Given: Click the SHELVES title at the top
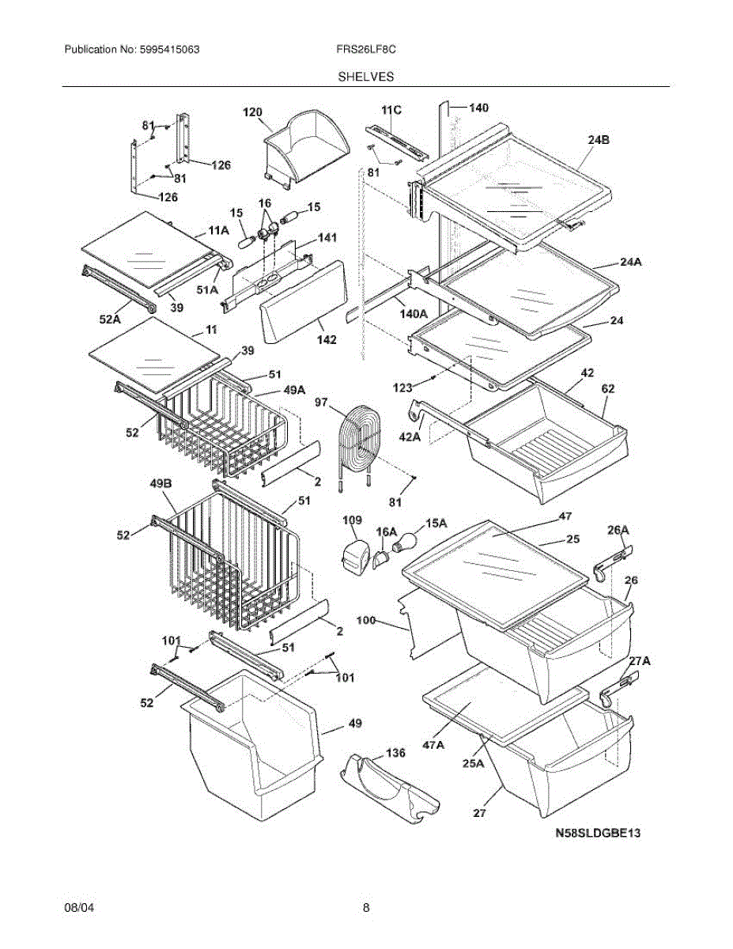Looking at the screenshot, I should coord(366,77).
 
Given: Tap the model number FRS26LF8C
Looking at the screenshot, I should coord(365,49).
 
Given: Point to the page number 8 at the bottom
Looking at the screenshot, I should coord(366,908).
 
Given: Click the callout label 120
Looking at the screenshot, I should coord(252,112).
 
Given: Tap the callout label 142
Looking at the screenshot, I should coord(326,340).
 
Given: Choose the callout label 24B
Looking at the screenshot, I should coord(599,140).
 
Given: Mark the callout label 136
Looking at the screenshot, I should coord(395,753).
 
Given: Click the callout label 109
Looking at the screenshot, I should coord(352,520).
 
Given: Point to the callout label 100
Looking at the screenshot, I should coord(366,621).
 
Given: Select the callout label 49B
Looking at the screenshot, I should coord(163,484).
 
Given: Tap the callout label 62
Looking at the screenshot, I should coord(608,388).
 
